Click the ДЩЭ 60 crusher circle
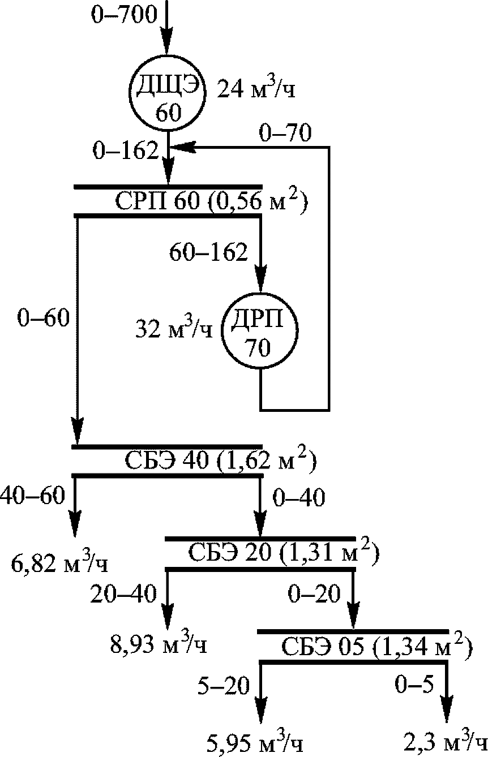click(168, 94)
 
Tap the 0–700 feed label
click(123, 15)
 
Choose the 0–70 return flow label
click(285, 134)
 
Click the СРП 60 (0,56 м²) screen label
click(211, 202)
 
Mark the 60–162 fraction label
click(209, 252)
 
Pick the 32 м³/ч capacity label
click(173, 329)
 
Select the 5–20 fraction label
click(223, 686)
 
